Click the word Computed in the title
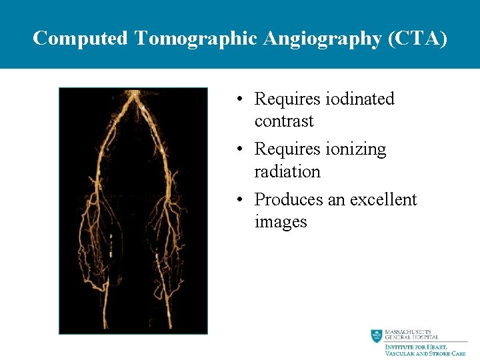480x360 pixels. coord(80,39)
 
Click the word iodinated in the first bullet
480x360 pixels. coord(360,99)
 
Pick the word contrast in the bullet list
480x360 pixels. coord(283,121)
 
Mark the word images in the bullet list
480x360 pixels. coord(281,222)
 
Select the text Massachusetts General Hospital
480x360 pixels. coord(411,335)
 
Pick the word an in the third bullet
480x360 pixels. coord(333,200)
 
